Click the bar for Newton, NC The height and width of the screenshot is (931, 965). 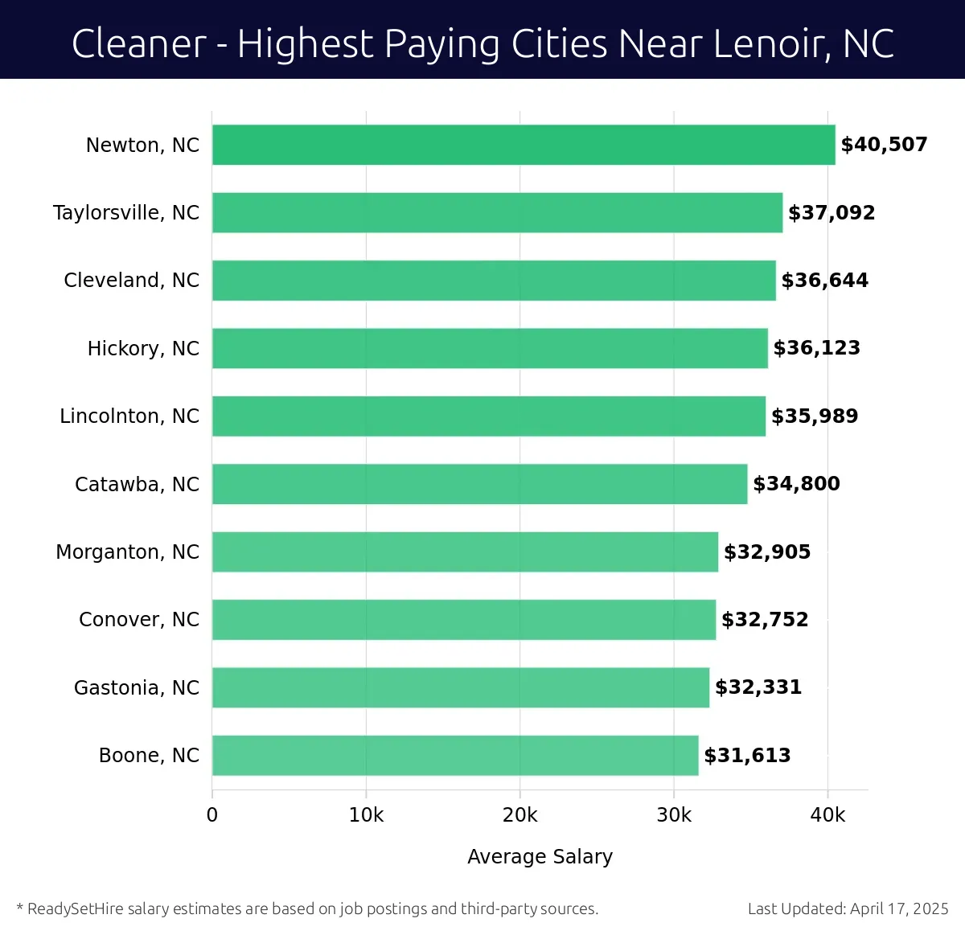point(523,145)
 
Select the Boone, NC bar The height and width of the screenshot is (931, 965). point(455,755)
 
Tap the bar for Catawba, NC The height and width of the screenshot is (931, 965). point(479,484)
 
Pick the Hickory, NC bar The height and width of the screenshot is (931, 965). point(490,348)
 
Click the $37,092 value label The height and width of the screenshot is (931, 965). point(832,213)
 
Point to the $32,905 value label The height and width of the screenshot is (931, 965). point(767,552)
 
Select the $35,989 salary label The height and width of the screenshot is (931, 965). point(815,416)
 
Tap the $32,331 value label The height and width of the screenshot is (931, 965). point(758,687)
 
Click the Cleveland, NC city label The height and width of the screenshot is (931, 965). point(132,281)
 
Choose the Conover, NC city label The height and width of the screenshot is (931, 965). point(139,620)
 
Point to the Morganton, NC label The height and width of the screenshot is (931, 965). point(128,552)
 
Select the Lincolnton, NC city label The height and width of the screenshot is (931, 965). point(129,416)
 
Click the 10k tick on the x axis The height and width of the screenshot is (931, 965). point(366,815)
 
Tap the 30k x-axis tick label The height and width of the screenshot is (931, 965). point(674,815)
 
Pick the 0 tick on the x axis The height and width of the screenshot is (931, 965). point(212,815)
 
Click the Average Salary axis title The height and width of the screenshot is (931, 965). point(540,857)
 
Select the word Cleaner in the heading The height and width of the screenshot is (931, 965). point(139,43)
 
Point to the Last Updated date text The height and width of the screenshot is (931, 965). point(848,908)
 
